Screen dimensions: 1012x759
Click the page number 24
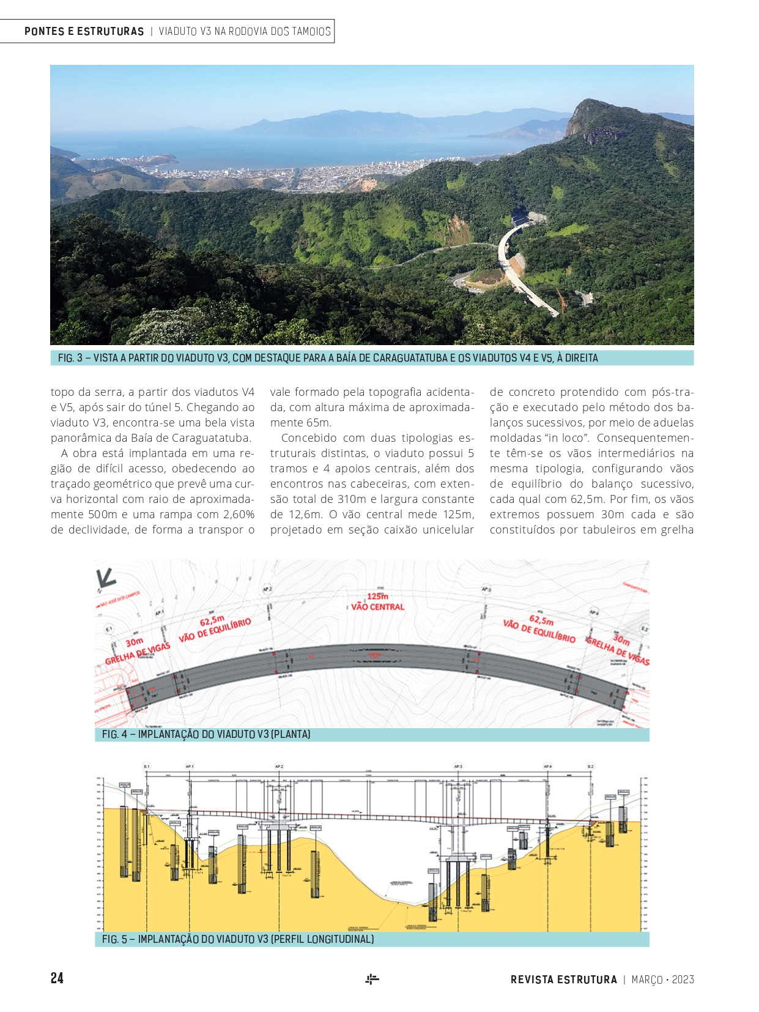click(x=57, y=978)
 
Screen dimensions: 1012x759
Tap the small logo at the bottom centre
click(x=372, y=979)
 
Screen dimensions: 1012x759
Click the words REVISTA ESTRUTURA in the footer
click(x=563, y=980)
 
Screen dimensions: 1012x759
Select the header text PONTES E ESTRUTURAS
click(x=84, y=31)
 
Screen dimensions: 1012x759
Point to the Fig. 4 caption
click(x=206, y=734)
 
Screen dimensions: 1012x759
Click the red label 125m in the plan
click(x=377, y=596)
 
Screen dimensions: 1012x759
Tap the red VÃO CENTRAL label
click(x=377, y=607)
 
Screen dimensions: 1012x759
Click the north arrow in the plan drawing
click(x=106, y=578)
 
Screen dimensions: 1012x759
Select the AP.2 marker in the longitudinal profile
click(x=279, y=766)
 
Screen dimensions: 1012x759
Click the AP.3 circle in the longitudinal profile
click(x=458, y=766)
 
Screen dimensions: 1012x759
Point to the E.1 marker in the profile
click(x=147, y=766)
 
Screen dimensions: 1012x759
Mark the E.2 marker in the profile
click(x=590, y=766)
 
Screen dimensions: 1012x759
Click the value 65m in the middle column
click(x=318, y=423)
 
